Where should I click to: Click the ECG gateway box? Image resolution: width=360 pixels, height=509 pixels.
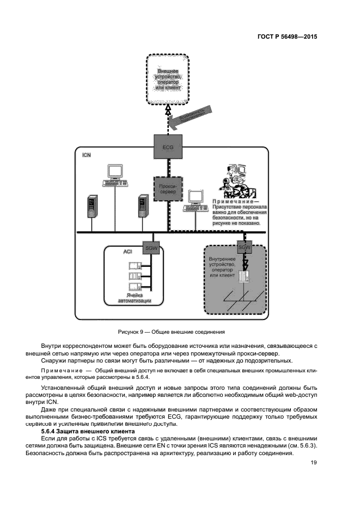(x=167, y=146)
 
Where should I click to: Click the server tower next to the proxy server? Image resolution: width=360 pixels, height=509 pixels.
(x=143, y=205)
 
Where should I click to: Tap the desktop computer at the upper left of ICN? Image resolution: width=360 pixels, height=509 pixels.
(x=115, y=175)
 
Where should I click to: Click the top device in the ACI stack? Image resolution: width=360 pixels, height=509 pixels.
(x=134, y=266)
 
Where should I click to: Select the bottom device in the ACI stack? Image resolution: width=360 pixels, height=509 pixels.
(x=134, y=287)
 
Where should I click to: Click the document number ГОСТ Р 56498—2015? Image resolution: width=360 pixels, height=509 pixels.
(x=287, y=37)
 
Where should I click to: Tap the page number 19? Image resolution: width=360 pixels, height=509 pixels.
(x=314, y=463)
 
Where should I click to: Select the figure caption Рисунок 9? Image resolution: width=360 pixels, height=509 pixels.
(x=172, y=332)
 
